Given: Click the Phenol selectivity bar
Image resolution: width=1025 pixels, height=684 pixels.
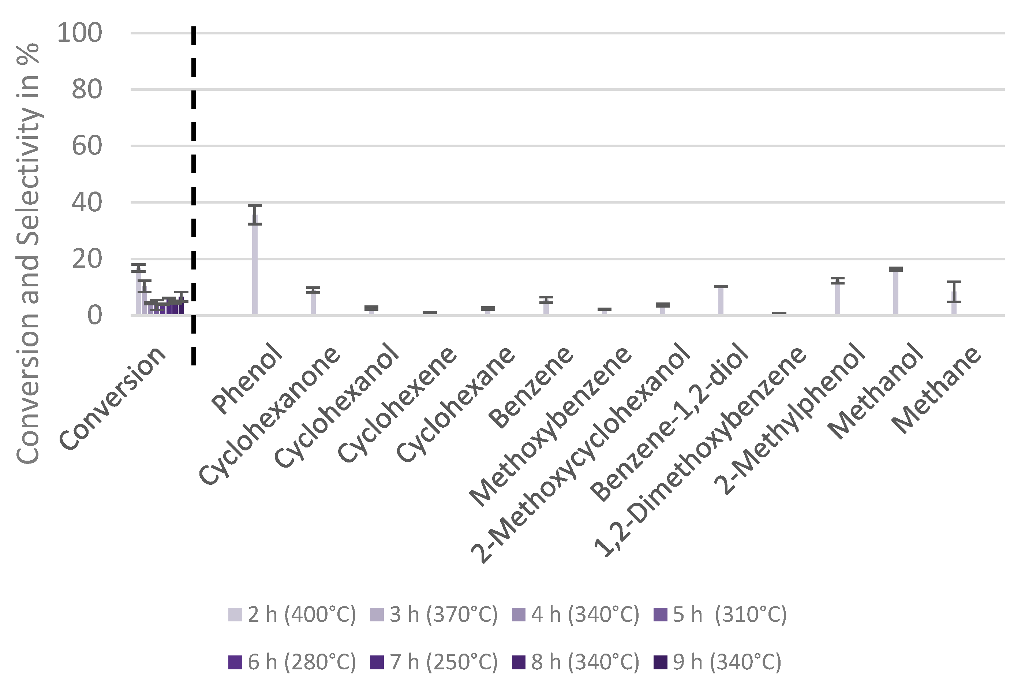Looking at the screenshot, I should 255,266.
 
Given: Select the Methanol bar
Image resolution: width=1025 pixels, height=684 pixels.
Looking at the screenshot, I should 896,292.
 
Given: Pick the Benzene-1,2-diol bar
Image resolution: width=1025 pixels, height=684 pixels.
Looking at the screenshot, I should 721,301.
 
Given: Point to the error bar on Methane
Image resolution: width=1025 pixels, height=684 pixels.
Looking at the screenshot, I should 954,291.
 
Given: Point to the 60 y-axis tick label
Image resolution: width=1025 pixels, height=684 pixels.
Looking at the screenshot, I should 87,146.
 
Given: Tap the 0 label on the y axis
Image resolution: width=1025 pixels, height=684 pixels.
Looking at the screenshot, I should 95,315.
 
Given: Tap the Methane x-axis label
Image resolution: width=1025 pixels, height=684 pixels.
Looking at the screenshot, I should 938,390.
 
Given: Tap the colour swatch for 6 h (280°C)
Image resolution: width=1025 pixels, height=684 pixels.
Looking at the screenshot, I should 235,662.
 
